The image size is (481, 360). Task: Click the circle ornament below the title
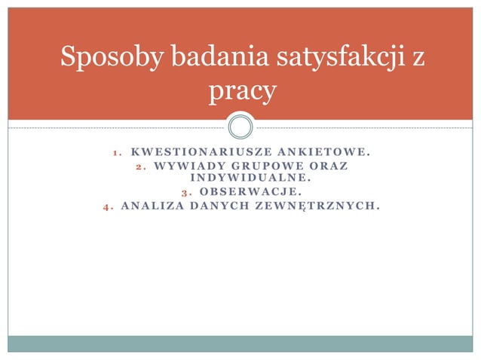pyautogui.click(x=240, y=125)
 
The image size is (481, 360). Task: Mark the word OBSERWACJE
pyautogui.click(x=250, y=191)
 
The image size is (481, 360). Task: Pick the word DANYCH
pyautogui.click(x=222, y=204)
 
